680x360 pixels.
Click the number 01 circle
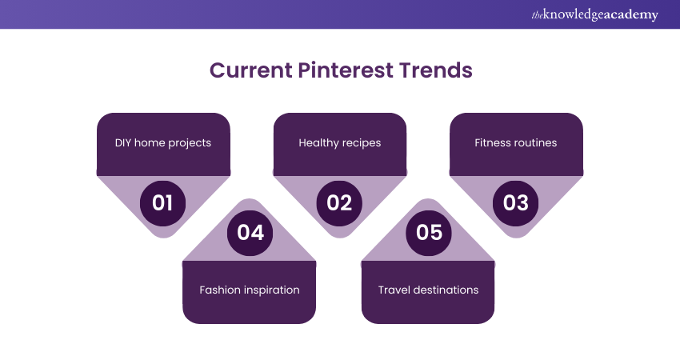(x=162, y=203)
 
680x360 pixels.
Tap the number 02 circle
(x=339, y=203)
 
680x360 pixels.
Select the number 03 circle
(x=516, y=203)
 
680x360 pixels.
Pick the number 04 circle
(x=250, y=233)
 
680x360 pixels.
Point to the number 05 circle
(x=429, y=233)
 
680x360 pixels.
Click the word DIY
(x=122, y=142)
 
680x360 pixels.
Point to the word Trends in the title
(x=436, y=70)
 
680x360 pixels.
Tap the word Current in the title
(x=251, y=70)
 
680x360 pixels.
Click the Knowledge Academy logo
(x=594, y=14)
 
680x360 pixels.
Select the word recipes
(x=361, y=143)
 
